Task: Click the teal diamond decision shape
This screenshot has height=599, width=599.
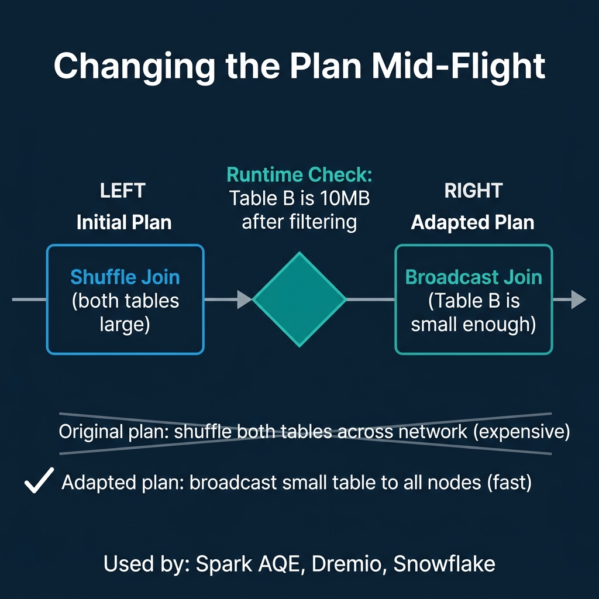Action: pos(299,299)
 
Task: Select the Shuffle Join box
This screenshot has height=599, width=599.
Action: pos(125,299)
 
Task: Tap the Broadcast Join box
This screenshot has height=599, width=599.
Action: pos(473,299)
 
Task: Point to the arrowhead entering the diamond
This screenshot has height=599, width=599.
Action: pos(245,299)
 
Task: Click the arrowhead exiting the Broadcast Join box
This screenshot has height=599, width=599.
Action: pos(578,299)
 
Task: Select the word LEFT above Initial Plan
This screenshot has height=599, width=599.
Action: pos(123,191)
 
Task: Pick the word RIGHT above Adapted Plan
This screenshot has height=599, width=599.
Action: pos(473,191)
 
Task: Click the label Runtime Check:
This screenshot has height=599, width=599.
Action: pos(299,174)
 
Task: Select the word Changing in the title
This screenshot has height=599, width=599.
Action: pos(134,67)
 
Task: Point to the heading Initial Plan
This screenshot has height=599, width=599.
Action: pos(124,222)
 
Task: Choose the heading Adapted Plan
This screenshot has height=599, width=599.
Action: pos(473,222)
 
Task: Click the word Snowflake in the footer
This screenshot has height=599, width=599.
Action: pos(444,564)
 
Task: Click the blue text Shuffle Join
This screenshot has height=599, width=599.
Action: pos(125,277)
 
